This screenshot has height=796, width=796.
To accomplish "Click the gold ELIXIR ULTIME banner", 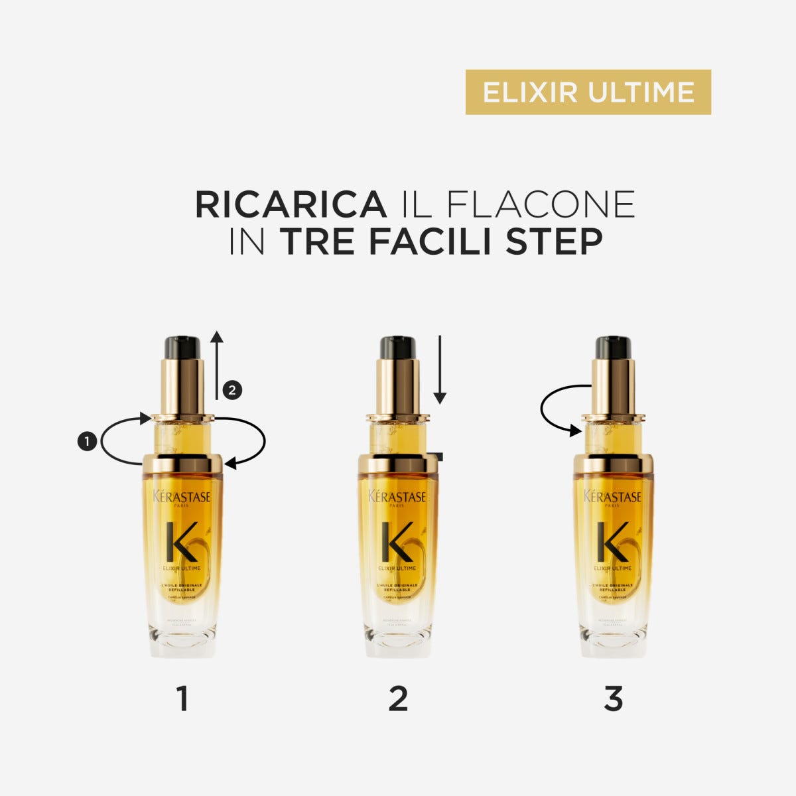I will click(588, 92).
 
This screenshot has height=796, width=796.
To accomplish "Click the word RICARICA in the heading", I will click(291, 205).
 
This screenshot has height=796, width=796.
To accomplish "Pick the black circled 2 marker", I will click(232, 390).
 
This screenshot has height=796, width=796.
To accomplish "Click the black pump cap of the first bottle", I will click(182, 347).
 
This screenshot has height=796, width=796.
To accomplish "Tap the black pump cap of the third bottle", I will click(613, 347).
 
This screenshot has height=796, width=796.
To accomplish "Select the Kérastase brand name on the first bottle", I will click(182, 497).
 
